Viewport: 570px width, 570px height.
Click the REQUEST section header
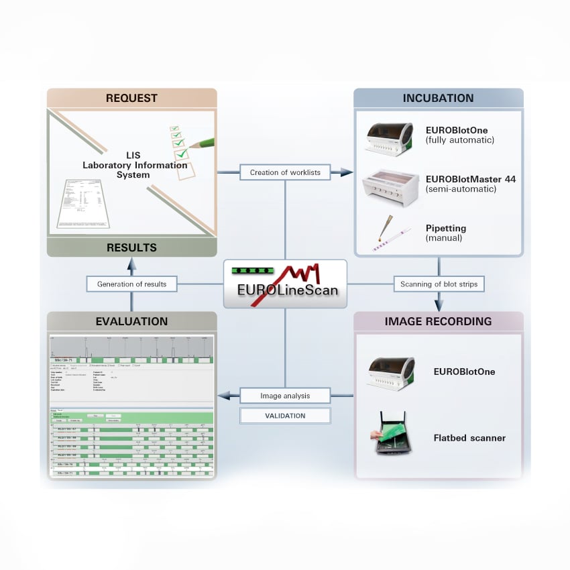[x=131, y=99]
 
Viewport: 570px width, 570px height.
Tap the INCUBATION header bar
[x=438, y=99]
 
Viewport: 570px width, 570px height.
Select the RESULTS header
[x=131, y=247]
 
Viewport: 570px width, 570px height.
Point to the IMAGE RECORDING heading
[x=438, y=321]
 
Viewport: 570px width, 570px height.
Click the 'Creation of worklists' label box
[x=285, y=172]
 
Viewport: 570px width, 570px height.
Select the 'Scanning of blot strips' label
[x=439, y=284]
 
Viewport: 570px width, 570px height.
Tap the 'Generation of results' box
[x=131, y=284]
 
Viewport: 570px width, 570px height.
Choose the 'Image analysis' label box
[x=285, y=396]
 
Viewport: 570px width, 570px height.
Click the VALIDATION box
[x=285, y=416]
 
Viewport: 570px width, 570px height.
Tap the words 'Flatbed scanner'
[x=469, y=439]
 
